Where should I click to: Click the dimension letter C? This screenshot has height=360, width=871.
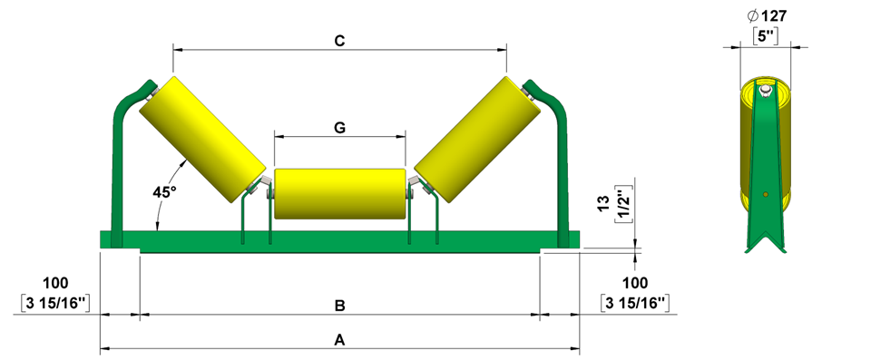coord(340,41)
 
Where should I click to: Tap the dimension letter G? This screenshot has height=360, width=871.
coord(340,128)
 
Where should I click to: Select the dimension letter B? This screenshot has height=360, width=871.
coord(340,306)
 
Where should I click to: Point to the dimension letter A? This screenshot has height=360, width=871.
coord(340,340)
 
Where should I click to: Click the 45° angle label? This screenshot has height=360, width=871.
coord(164,191)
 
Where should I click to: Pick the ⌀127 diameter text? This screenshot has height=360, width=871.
coord(768,15)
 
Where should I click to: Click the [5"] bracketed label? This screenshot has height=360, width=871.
coord(768,35)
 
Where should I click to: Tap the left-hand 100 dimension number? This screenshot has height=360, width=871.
coord(55,283)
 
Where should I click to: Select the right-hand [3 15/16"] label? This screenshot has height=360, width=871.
coord(635,303)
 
